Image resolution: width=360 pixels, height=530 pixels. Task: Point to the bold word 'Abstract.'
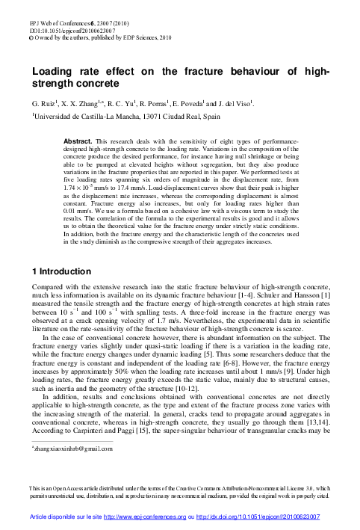(99, 141)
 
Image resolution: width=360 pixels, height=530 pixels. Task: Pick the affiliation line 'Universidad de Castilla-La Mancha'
(90, 116)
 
